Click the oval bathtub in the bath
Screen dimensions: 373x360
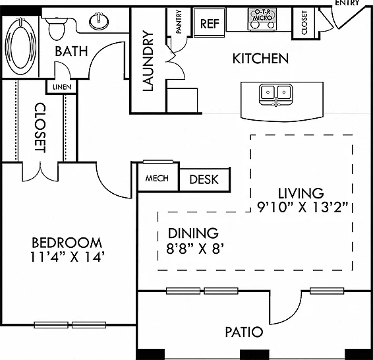click(20, 46)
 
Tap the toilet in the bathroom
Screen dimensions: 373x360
click(57, 28)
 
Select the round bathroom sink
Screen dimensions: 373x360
click(99, 21)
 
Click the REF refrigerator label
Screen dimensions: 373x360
click(210, 24)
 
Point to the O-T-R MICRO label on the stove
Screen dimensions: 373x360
click(262, 15)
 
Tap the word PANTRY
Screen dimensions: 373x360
click(179, 21)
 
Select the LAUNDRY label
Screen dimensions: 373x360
click(148, 61)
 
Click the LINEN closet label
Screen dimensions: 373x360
click(62, 87)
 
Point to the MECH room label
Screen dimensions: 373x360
click(157, 178)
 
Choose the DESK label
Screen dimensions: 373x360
click(204, 179)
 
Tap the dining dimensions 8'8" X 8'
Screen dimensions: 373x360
click(195, 249)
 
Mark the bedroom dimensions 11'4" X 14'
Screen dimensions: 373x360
click(68, 257)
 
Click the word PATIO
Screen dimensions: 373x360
click(244, 332)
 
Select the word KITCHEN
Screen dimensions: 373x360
click(260, 59)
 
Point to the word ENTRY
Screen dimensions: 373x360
click(347, 3)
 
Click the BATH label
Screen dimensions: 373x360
click(71, 51)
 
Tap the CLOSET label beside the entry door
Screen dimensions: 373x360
click(304, 22)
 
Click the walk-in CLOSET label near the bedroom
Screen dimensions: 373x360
click(40, 127)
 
